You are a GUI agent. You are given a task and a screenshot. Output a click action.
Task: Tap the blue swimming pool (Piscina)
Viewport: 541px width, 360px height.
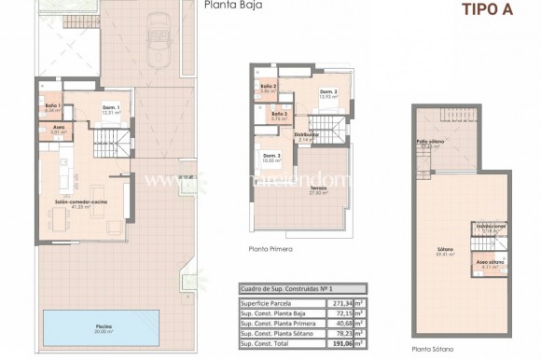[103, 327]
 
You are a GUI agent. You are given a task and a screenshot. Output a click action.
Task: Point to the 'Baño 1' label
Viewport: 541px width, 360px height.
[52, 105]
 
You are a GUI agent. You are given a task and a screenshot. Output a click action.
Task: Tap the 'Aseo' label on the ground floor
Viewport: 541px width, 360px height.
[58, 127]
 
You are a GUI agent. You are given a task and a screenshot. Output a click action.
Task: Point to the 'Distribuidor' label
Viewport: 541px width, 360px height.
[307, 134]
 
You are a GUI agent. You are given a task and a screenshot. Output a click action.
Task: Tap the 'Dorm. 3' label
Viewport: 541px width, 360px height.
[270, 155]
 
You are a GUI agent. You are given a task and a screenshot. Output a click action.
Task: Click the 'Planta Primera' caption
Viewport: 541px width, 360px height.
[270, 249]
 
